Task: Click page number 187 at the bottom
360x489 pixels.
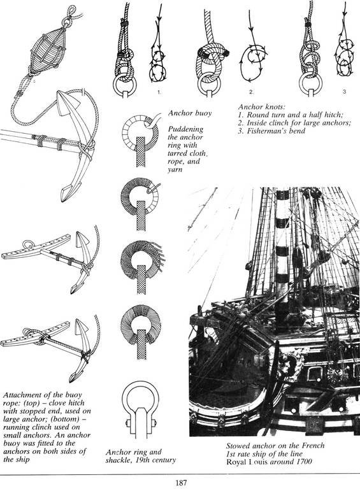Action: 180,483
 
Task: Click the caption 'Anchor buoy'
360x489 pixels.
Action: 189,113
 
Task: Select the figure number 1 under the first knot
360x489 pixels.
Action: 159,92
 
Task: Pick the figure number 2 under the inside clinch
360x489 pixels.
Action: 251,92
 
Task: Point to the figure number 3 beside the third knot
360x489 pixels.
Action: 345,92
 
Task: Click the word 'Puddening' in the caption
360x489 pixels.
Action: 185,129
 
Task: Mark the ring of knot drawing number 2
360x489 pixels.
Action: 209,83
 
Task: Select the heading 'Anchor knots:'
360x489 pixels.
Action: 261,107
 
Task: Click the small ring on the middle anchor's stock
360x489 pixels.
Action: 29,244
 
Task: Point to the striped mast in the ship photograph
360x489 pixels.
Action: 283,250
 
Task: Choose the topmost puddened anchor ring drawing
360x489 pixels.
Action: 140,139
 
